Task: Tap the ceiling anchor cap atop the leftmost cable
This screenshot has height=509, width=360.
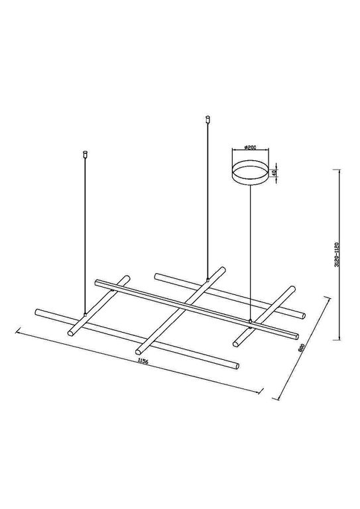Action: pyautogui.click(x=84, y=155)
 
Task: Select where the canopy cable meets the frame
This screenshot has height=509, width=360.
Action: pyautogui.click(x=250, y=321)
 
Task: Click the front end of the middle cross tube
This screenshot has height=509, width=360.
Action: pyautogui.click(x=139, y=351)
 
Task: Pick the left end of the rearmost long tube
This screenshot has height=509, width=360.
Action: pyautogui.click(x=156, y=274)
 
